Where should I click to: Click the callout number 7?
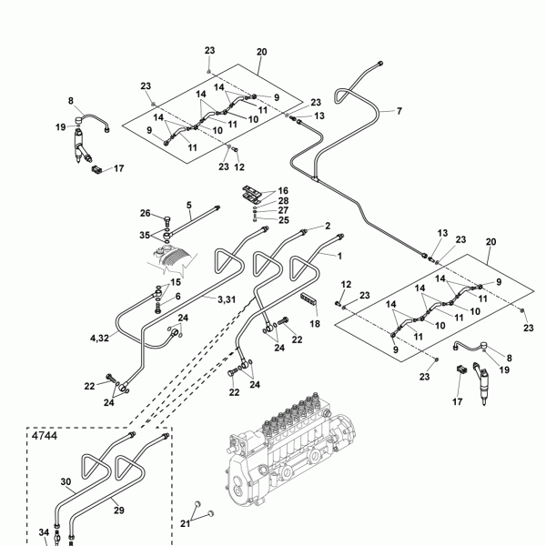399,111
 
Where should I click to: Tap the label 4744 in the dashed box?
45,436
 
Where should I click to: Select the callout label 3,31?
227,299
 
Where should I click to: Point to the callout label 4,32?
99,339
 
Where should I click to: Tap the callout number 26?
146,213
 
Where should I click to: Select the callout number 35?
145,236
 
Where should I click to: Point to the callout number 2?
328,226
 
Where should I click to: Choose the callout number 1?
339,256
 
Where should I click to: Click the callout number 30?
66,482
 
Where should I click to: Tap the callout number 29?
119,511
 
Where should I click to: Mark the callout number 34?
44,532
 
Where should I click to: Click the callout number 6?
178,297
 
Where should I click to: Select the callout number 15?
176,282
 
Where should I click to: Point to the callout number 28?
283,200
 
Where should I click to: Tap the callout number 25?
284,220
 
